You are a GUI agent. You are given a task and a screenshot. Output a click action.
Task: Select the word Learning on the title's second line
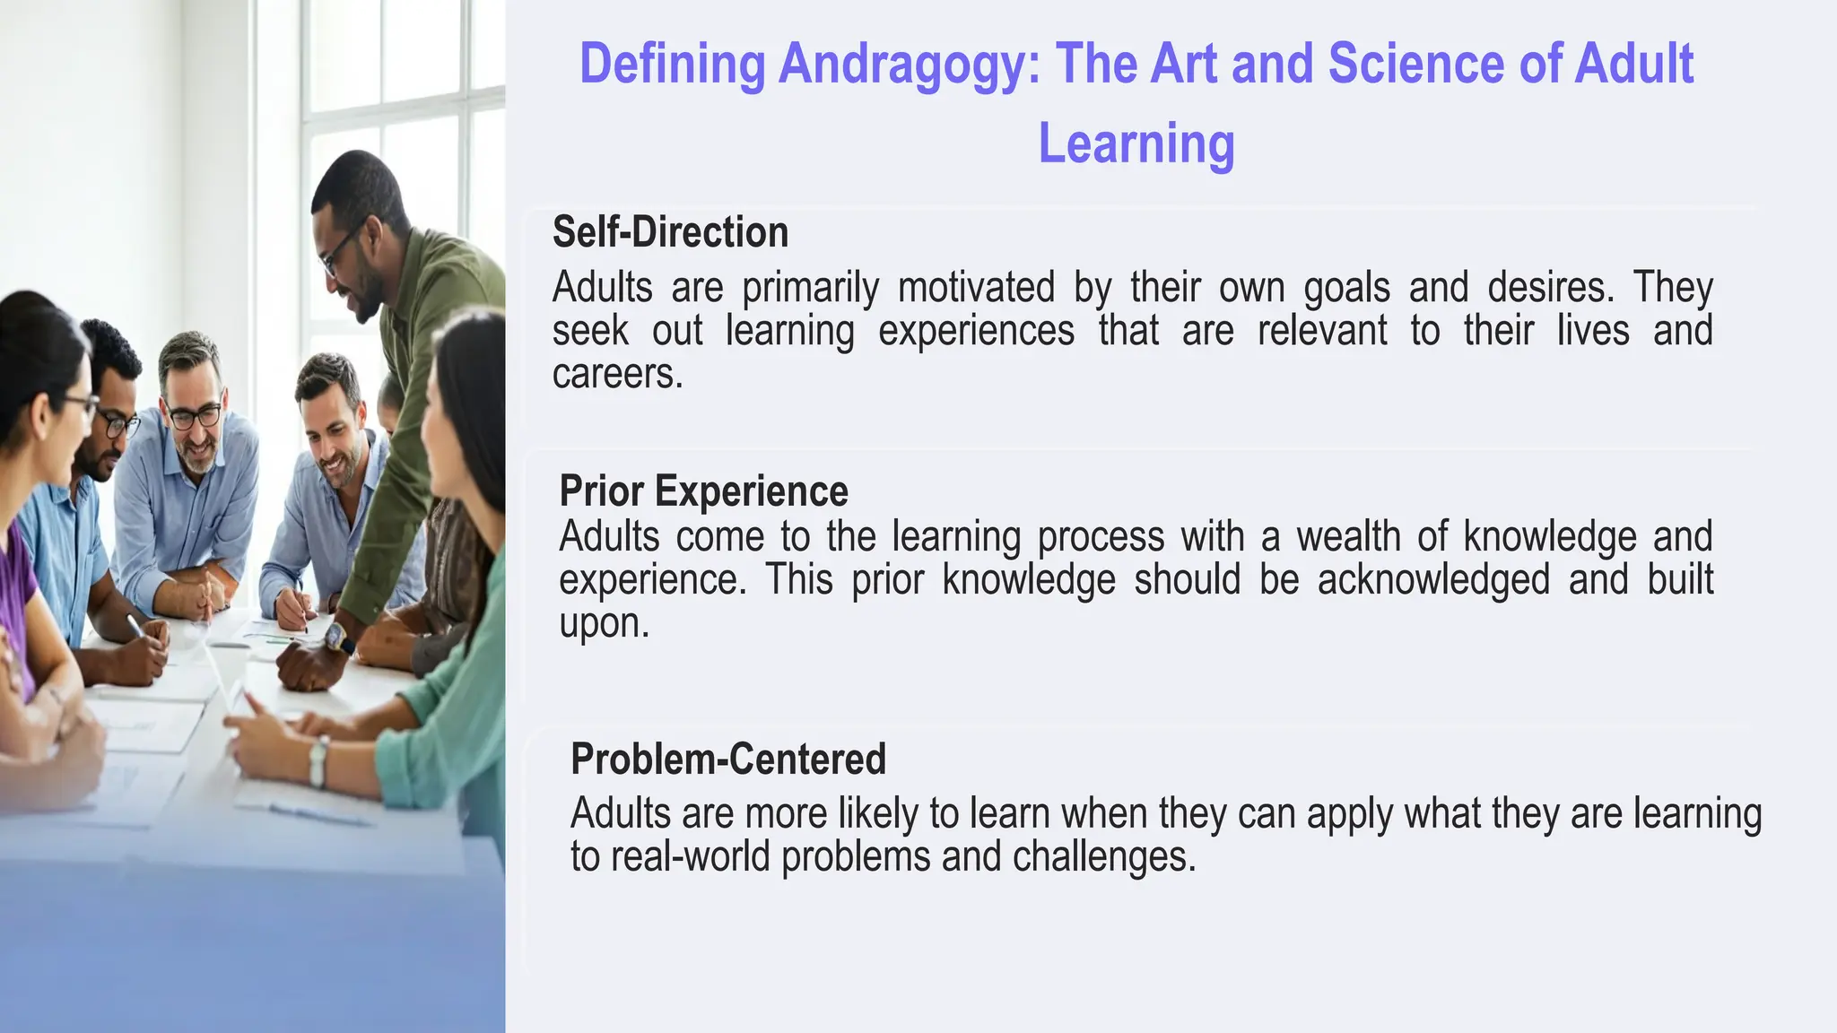(1136, 143)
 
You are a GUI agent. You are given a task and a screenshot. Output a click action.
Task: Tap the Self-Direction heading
(670, 232)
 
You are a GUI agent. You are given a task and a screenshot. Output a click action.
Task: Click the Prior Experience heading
(703, 491)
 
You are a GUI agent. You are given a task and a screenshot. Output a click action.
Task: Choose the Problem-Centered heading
(728, 760)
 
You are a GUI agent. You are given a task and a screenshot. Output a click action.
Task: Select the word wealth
(1348, 537)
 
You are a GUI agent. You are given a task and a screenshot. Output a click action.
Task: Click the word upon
(603, 623)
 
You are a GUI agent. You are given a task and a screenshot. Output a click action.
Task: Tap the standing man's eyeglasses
(341, 251)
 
